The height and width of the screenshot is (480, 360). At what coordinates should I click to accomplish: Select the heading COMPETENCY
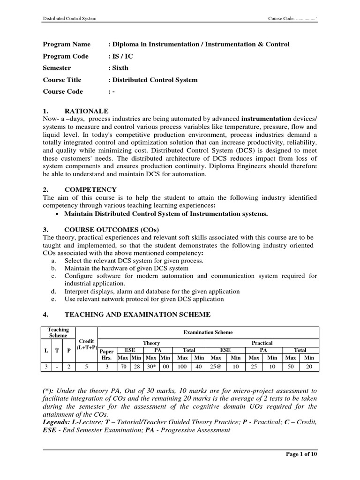tap(91, 189)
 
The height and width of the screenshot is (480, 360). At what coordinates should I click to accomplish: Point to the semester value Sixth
tap(120, 68)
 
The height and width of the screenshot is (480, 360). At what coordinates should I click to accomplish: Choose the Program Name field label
tap(63, 45)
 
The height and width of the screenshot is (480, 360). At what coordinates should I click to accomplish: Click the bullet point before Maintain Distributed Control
tap(57, 214)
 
